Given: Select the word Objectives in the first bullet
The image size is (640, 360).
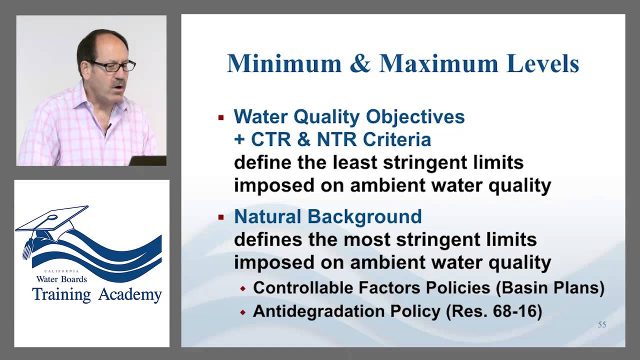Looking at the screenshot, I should click(415, 116).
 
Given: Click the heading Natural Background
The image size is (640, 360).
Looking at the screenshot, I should click(327, 216).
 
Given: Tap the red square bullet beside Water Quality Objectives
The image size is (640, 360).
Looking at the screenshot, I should click(221, 118).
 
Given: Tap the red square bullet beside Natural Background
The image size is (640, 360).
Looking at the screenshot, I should click(221, 218).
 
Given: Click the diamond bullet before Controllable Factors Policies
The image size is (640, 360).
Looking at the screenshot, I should click(243, 289).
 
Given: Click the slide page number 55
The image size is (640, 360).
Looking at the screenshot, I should click(602, 325).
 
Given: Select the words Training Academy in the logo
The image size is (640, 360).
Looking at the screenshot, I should click(97, 294).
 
